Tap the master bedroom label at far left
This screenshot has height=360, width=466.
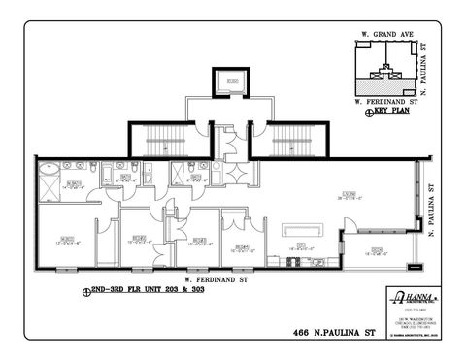[67, 239]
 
